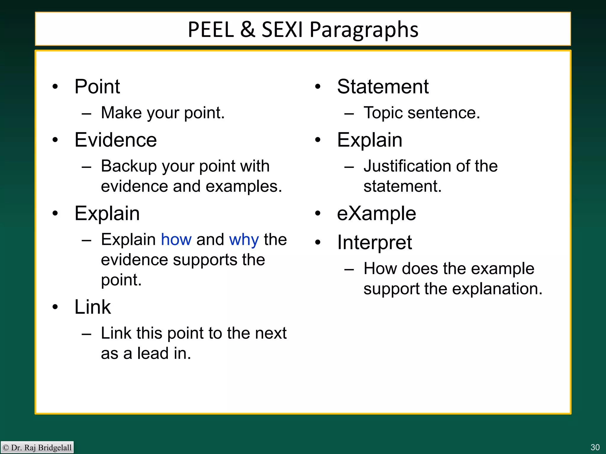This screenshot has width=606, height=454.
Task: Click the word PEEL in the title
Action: click(x=211, y=30)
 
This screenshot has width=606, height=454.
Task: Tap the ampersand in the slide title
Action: click(x=248, y=30)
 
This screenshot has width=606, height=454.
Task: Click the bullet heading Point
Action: click(x=97, y=87)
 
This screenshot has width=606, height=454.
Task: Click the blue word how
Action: click(x=176, y=239)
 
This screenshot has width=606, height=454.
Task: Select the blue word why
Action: click(x=244, y=240)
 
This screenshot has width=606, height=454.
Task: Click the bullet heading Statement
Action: click(x=383, y=87)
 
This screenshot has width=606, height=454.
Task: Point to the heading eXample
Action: click(x=376, y=213)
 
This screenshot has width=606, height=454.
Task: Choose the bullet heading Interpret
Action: click(x=374, y=243)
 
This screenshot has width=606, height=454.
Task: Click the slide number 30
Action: click(x=595, y=447)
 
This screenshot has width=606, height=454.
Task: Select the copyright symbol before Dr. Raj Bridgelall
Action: click(x=6, y=447)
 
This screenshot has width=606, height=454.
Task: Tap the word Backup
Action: click(x=128, y=166)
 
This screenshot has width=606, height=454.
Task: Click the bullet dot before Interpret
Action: click(x=318, y=242)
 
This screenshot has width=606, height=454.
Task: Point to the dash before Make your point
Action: click(x=86, y=114)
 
